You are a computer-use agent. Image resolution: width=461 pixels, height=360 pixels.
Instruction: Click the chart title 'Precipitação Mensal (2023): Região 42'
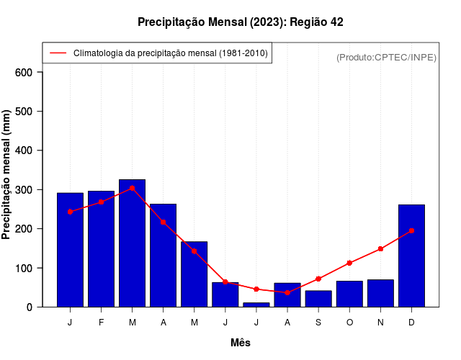pos(240,22)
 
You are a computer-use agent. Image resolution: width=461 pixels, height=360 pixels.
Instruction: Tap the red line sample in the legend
pos(58,53)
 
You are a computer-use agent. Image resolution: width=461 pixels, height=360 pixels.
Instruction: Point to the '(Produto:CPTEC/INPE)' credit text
pos(386,57)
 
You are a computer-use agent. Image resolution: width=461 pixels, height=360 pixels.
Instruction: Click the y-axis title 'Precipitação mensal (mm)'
pos(7,175)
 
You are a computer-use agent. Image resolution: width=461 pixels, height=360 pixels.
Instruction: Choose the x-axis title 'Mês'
pos(240,343)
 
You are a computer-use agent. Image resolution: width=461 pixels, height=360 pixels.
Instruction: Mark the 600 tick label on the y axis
pos(24,72)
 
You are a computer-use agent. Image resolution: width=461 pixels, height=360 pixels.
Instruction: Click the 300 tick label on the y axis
pos(24,190)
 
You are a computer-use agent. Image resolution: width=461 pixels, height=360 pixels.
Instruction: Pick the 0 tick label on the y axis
pos(29,307)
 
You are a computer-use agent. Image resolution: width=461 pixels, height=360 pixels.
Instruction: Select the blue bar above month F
pos(101,249)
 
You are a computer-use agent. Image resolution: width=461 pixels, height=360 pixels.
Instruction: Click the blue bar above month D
pos(411,256)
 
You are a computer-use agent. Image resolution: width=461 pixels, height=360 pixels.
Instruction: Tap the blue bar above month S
pos(318,299)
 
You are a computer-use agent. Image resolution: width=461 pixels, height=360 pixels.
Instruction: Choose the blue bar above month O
pos(349,294)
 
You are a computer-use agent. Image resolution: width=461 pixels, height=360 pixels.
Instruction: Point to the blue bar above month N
pos(380,293)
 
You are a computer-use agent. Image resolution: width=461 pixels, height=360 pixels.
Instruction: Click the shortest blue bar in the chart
pos(256,305)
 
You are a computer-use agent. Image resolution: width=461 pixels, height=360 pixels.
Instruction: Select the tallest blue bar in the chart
pos(132,243)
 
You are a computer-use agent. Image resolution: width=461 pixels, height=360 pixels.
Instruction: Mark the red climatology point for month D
pos(411,231)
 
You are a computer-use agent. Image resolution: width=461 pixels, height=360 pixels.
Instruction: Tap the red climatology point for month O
pos(349,263)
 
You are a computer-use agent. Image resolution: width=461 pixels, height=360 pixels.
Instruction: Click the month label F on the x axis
pos(101,323)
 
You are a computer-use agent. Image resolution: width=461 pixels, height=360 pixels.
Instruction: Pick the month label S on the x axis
pos(318,323)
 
